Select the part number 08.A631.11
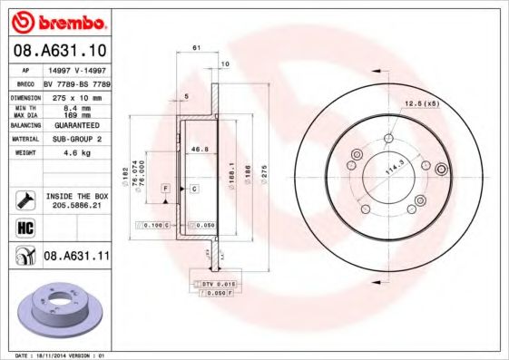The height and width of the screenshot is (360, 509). click(76, 257)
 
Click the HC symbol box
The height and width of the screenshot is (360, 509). click(24, 228)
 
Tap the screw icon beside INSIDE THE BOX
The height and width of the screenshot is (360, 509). click(24, 198)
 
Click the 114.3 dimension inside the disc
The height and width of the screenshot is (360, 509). click(394, 169)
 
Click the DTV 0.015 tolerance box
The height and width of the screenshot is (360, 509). click(212, 285)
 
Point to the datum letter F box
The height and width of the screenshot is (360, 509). click(166, 188)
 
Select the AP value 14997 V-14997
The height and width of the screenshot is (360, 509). click(76, 69)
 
